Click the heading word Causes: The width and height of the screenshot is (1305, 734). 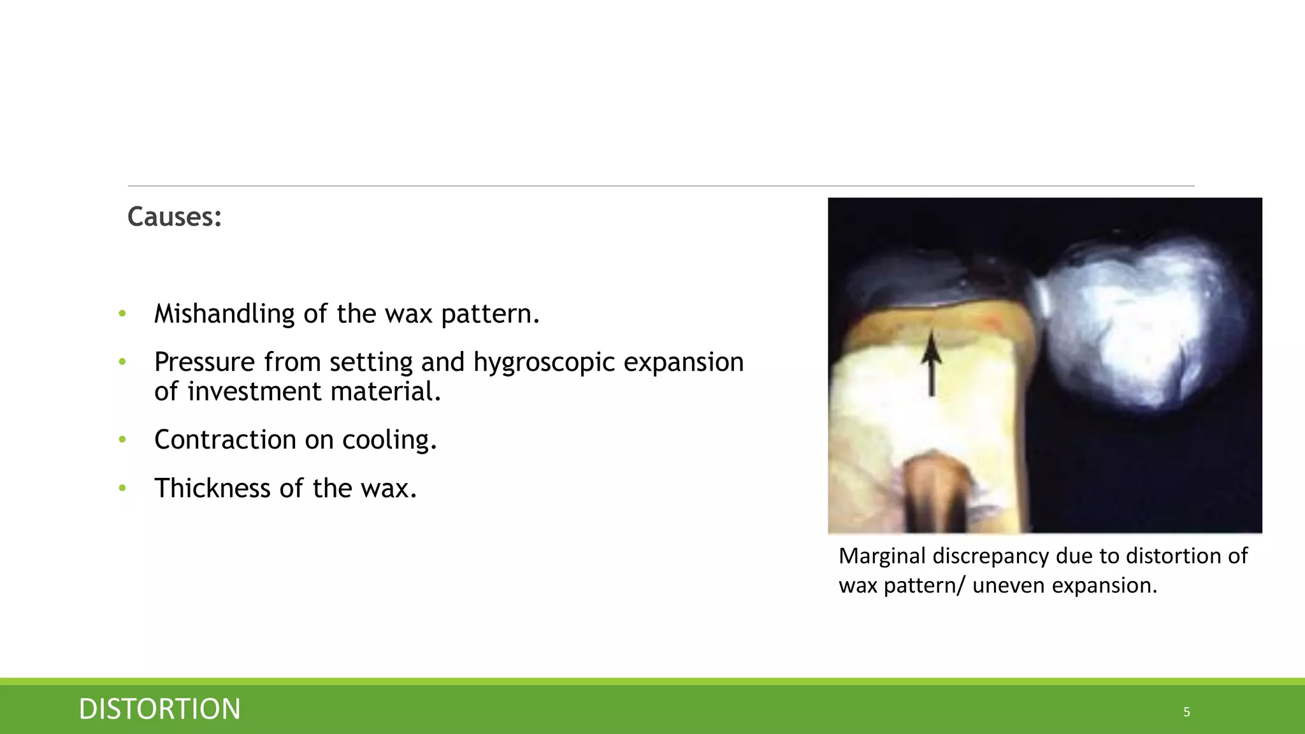[x=175, y=217]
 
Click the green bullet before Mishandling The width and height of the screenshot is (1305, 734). [x=122, y=313]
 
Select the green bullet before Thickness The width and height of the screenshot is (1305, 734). [x=122, y=489]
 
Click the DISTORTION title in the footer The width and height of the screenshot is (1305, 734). [x=159, y=709]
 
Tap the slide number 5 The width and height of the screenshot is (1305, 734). [x=1186, y=712]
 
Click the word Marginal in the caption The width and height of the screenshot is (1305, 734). [x=882, y=556]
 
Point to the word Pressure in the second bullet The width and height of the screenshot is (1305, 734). [x=205, y=363]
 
